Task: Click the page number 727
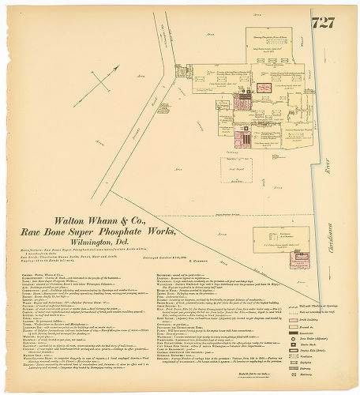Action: pos(323,23)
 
